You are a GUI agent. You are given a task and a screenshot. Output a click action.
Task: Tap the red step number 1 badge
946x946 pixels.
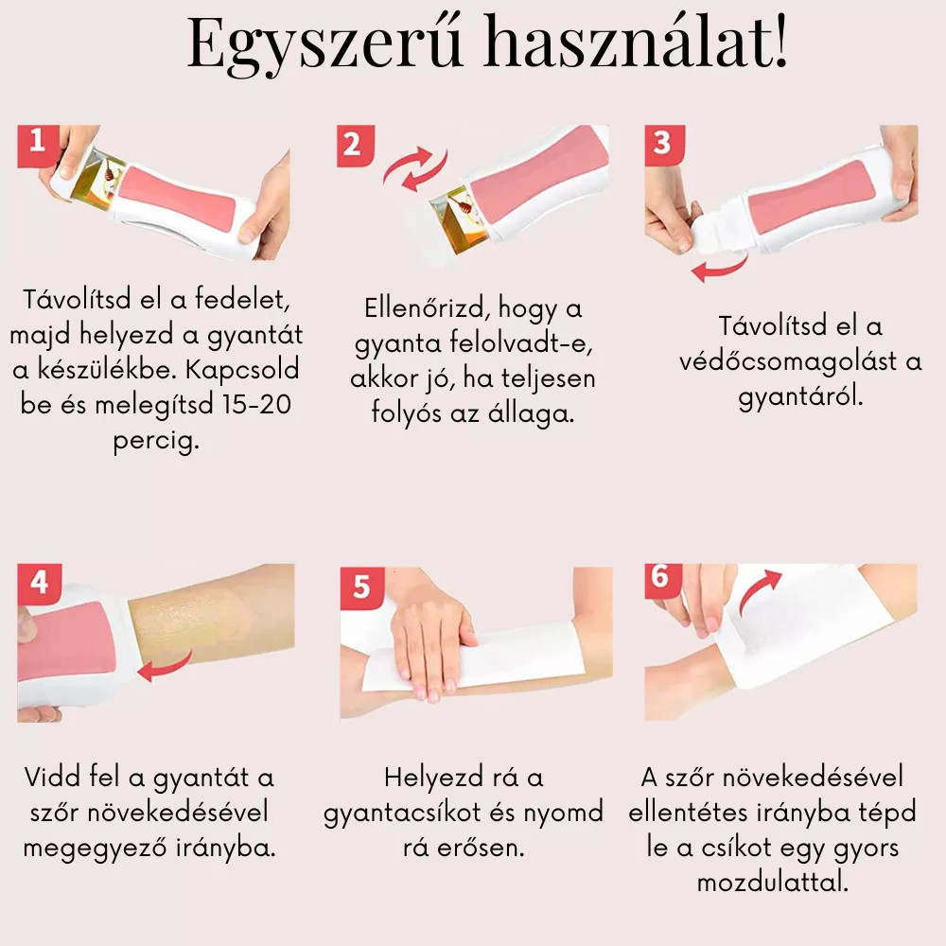[38, 146]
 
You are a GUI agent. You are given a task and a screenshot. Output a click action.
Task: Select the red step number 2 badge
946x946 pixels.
[356, 146]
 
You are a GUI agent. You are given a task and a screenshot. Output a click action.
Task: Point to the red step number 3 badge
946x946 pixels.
[664, 145]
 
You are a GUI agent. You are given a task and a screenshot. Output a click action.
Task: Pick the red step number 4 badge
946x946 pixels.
[39, 584]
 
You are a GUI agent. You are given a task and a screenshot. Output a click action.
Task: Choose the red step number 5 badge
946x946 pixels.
[361, 587]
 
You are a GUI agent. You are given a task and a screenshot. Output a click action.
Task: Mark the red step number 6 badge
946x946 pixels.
[662, 578]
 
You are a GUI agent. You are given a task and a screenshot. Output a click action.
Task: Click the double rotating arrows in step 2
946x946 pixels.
[415, 168]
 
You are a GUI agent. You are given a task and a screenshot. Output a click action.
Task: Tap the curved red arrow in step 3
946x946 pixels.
[721, 268]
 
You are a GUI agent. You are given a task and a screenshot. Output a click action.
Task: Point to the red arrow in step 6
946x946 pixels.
[758, 591]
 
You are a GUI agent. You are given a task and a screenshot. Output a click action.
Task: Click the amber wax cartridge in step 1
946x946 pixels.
[96, 176]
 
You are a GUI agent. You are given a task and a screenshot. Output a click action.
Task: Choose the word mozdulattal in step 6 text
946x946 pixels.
[772, 883]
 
